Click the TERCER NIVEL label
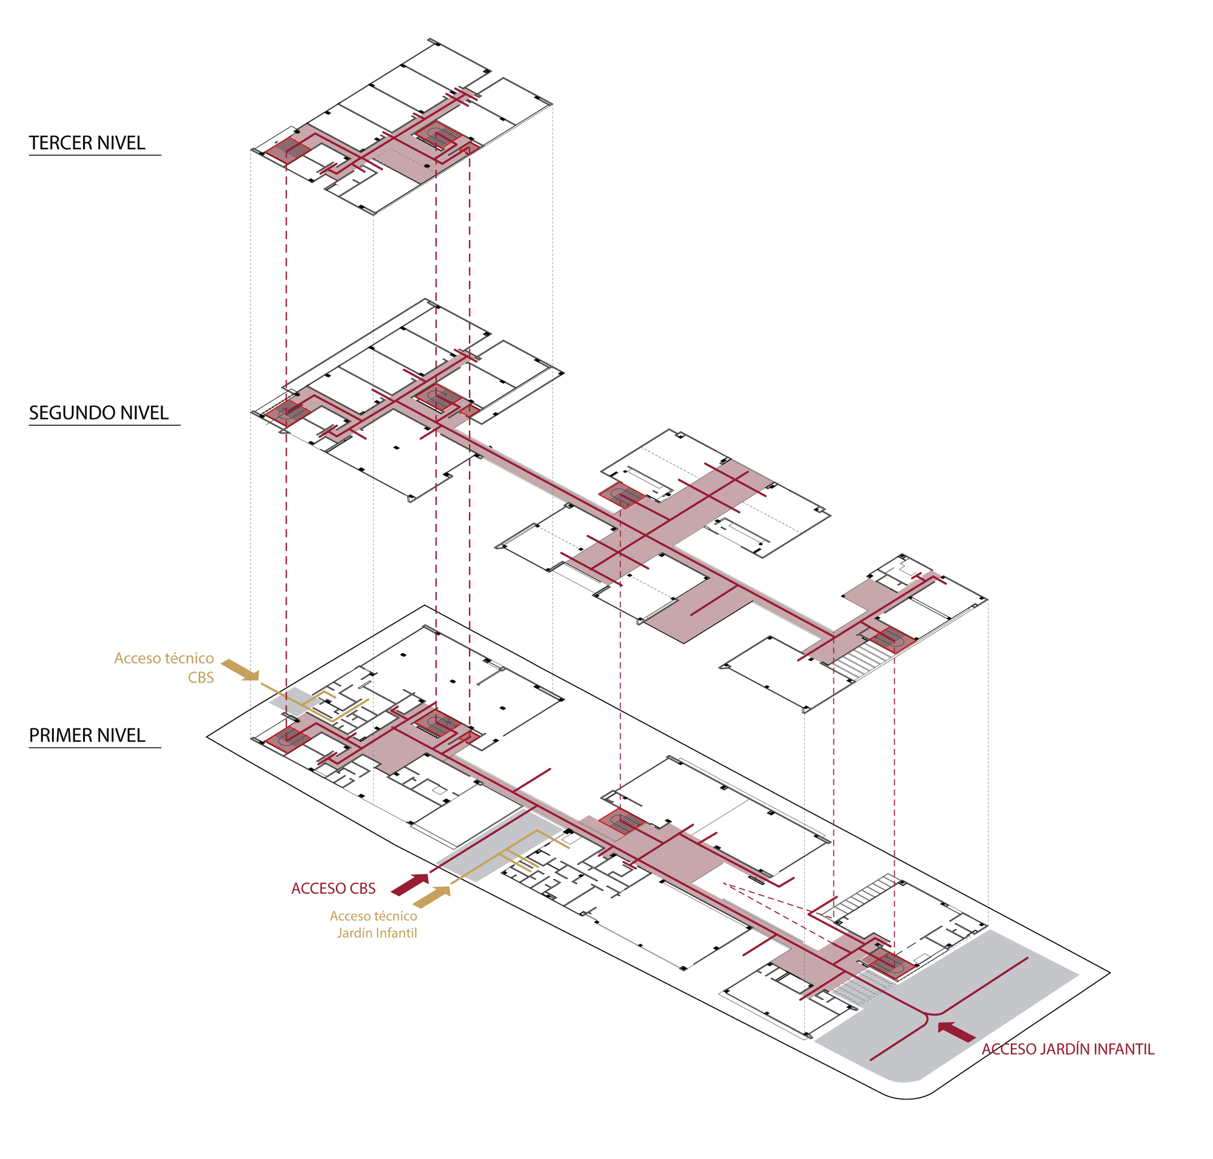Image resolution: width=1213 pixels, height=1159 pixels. [87, 143]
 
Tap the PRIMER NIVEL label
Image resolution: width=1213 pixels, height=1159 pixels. [87, 735]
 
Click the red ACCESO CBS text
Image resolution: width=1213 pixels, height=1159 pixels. [333, 889]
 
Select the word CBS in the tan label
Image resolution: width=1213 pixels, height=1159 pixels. [201, 677]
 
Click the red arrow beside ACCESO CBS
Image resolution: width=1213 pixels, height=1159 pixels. [409, 884]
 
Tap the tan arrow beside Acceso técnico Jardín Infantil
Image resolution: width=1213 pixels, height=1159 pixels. [431, 896]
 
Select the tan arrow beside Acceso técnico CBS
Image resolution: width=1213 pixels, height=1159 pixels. [240, 670]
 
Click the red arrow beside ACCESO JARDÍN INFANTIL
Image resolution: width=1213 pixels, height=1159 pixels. [956, 1032]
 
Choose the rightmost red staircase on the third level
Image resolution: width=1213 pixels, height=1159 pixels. [438, 136]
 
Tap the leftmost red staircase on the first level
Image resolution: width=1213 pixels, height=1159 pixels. [287, 738]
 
